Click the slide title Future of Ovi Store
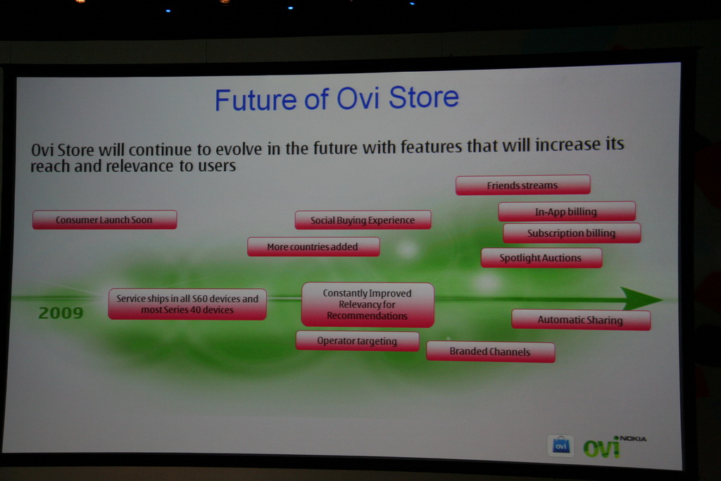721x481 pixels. [x=337, y=98]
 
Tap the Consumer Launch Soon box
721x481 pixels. [x=104, y=220]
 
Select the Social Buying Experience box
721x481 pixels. [x=363, y=220]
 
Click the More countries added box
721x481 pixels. [x=313, y=246]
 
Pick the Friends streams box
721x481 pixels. [x=523, y=185]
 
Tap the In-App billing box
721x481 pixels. [x=567, y=211]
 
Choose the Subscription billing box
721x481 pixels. [x=572, y=233]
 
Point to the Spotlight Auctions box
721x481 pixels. [x=541, y=258]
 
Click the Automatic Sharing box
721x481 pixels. [x=581, y=320]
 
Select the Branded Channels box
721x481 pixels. [x=490, y=352]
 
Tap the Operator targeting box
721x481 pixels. [x=357, y=341]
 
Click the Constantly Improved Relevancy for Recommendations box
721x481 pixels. [x=368, y=304]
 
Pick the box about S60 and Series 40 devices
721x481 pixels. [x=187, y=304]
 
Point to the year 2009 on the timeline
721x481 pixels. [x=61, y=313]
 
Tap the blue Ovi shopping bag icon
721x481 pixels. [x=560, y=446]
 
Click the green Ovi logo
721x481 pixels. [x=601, y=448]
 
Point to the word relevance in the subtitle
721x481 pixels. [x=139, y=166]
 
